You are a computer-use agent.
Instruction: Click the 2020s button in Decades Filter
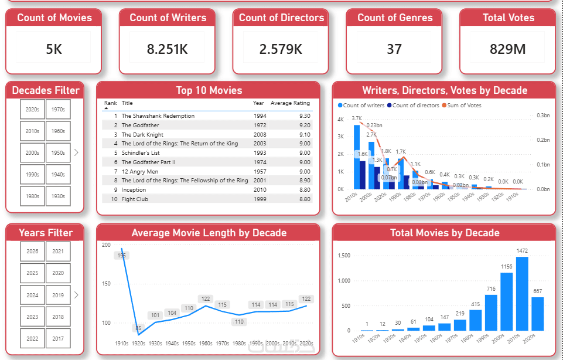[x=32, y=109]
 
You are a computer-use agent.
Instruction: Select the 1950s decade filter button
[x=58, y=152]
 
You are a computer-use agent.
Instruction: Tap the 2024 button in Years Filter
[x=32, y=295]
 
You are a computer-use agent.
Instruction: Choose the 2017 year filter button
[x=58, y=338]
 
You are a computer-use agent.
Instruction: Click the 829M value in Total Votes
[x=507, y=49]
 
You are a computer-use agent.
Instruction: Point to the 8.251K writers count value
[x=168, y=49]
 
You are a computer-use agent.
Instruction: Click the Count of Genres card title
[x=394, y=18]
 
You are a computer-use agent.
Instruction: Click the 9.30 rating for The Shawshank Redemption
[x=302, y=116]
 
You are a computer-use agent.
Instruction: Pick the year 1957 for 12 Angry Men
[x=260, y=171]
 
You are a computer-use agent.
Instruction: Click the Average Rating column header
[x=290, y=103]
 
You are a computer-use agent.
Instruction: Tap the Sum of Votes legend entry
[x=465, y=106]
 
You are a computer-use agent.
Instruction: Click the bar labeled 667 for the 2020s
[x=537, y=314]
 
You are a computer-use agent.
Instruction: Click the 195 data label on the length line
[x=121, y=256]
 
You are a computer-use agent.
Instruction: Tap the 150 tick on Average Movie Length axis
[x=105, y=284]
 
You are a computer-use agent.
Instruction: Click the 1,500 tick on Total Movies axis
[x=344, y=256]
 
